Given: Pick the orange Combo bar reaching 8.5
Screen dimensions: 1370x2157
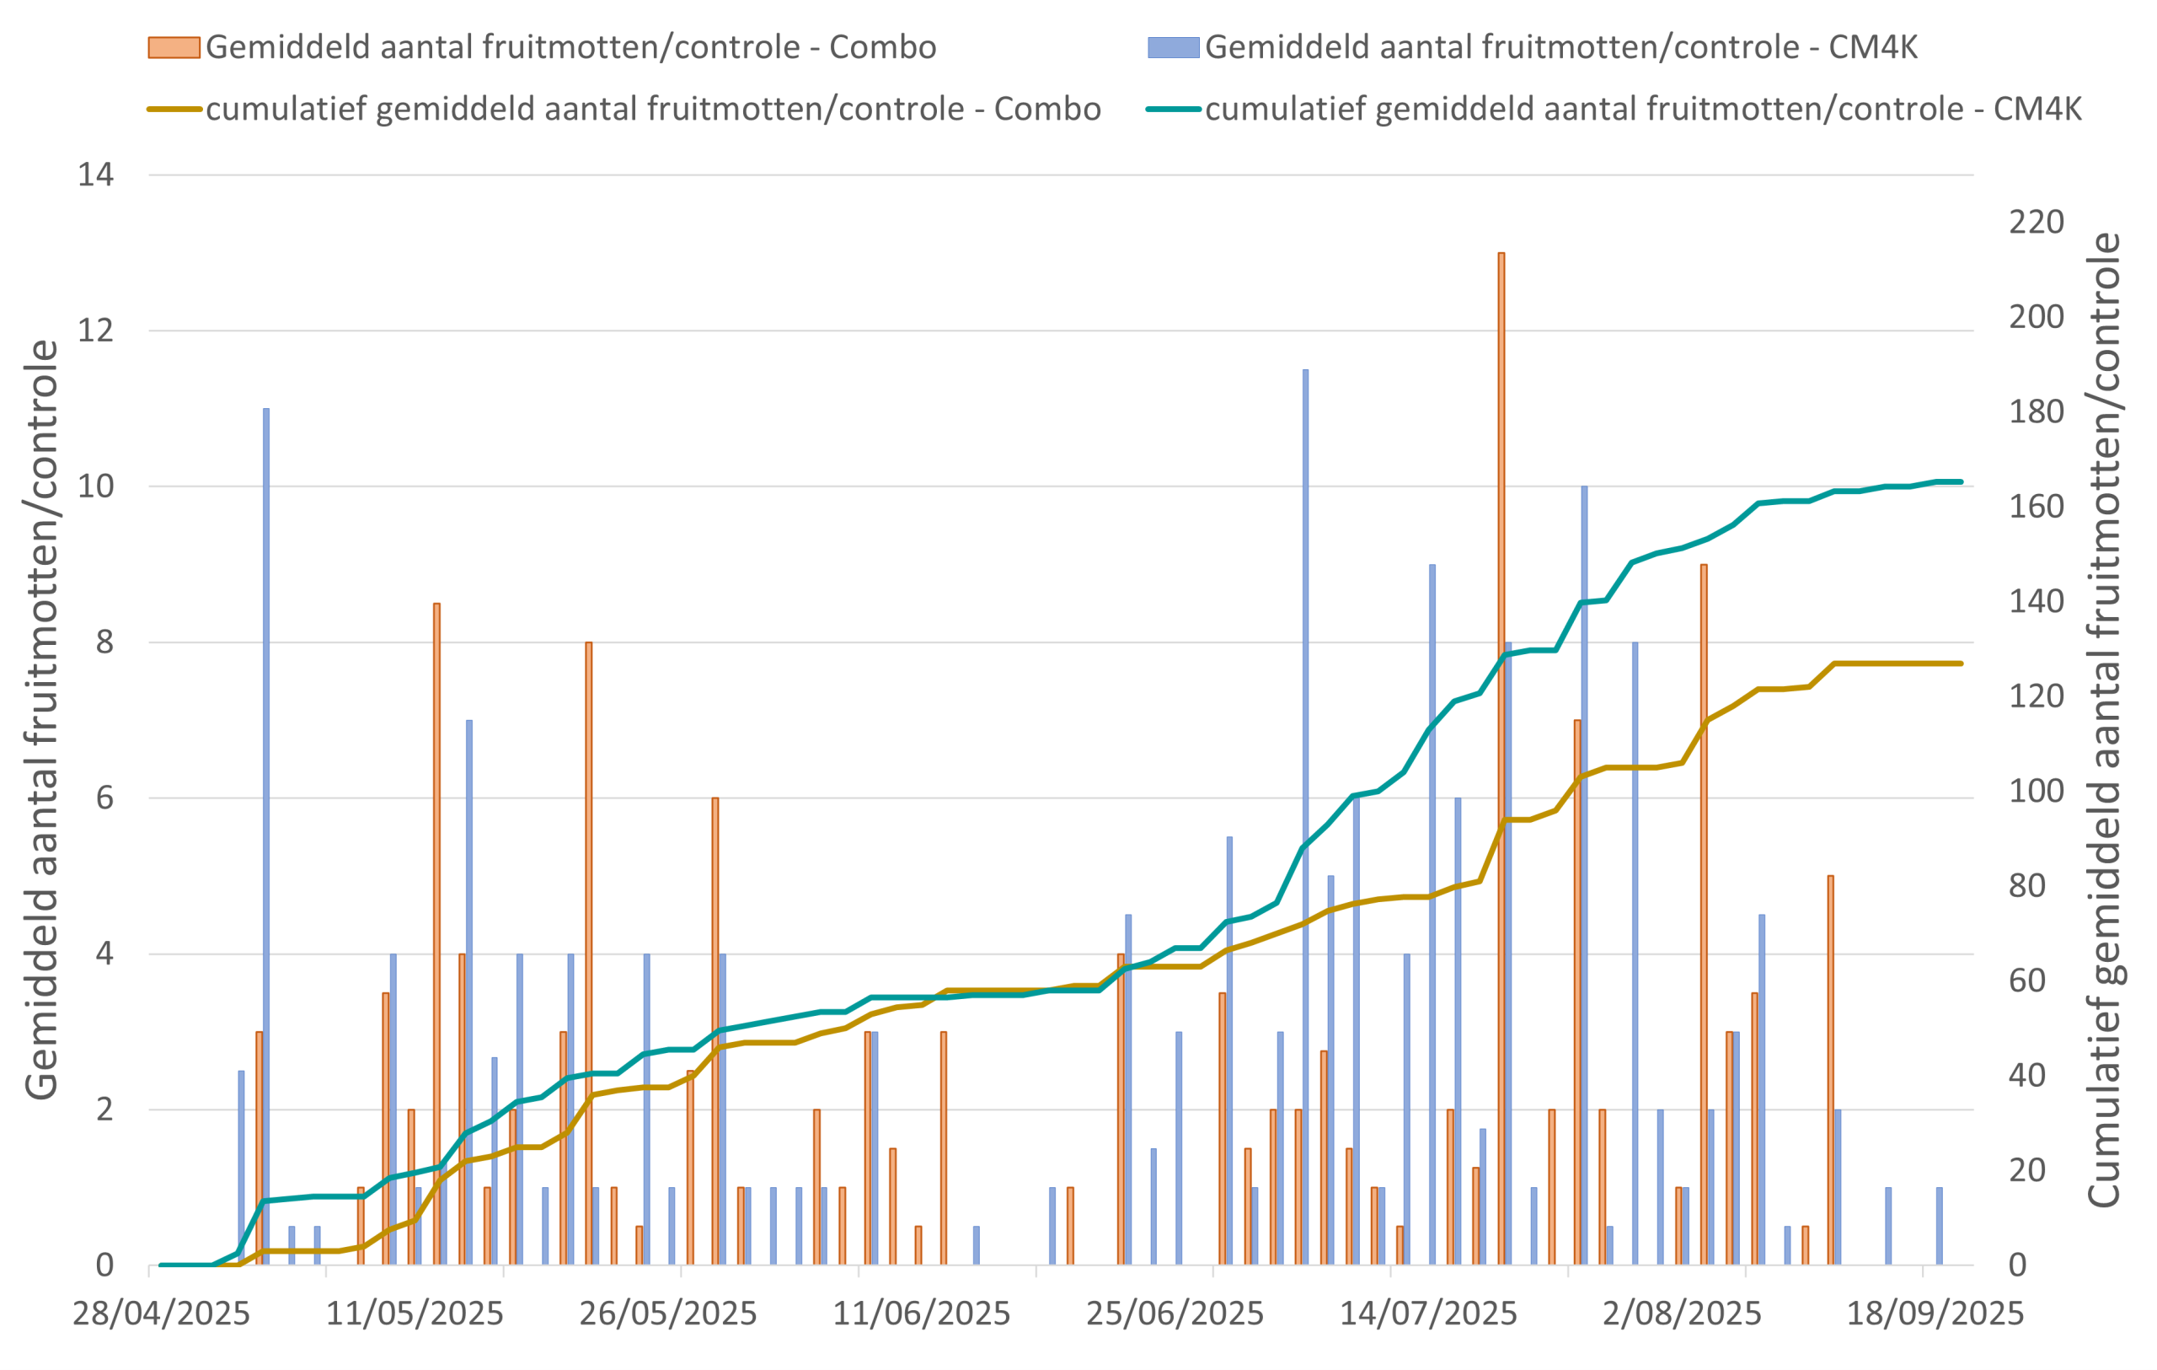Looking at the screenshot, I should click(x=437, y=932).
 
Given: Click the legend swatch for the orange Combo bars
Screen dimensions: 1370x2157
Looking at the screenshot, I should click(x=174, y=47).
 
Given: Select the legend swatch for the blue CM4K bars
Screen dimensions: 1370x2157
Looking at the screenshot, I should click(x=1173, y=47).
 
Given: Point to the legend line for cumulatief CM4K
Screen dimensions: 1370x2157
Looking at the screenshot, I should click(x=1173, y=110).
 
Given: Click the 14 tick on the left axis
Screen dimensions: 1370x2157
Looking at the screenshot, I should click(x=96, y=175).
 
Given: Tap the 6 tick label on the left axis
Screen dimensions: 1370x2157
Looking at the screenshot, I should click(x=104, y=798).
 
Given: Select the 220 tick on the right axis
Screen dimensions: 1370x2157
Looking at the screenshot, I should click(x=2036, y=223).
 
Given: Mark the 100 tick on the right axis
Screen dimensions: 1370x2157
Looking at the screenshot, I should click(x=2036, y=791).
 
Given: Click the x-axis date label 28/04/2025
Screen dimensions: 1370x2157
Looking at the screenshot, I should click(x=161, y=1314).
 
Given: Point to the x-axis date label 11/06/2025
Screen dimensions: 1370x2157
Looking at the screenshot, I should click(x=922, y=1314).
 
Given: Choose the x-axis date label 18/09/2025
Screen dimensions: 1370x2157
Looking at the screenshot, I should click(x=1935, y=1314).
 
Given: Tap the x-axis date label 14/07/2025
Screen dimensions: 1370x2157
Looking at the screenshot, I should click(x=1428, y=1314).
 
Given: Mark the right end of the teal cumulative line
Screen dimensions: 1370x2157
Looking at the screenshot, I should click(x=1961, y=482).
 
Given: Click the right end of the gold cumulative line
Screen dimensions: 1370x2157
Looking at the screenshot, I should click(x=1961, y=664).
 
